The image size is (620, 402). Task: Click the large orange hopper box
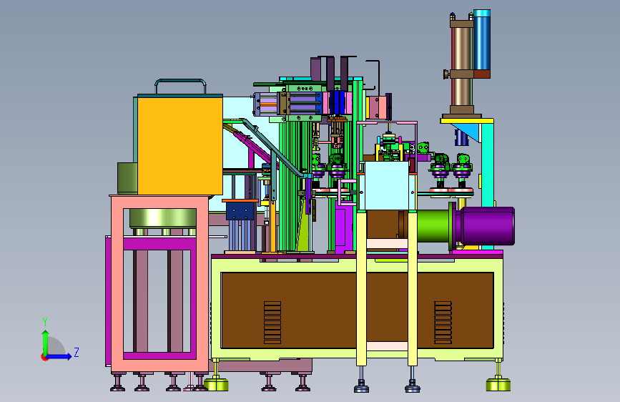[180, 146]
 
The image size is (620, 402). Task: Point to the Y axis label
[45, 322]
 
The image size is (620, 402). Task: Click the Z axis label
[77, 352]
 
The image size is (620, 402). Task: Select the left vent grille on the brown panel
[272, 323]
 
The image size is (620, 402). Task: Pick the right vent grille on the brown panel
[443, 323]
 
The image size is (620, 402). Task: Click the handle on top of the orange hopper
[180, 81]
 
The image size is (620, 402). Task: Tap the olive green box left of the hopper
[127, 178]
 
